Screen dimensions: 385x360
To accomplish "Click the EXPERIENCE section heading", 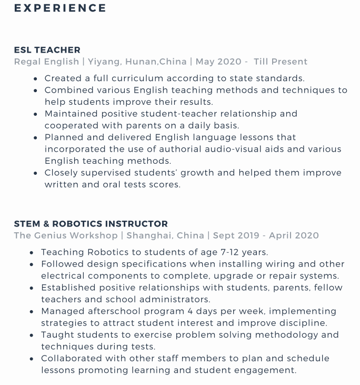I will tap(60, 8).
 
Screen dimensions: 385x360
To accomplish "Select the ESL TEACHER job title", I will tap(47, 50).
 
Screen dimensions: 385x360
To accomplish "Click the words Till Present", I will tap(281, 62).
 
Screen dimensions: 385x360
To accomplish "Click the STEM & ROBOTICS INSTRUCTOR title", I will tap(91, 224).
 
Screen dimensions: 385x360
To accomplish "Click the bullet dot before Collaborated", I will tap(32, 359).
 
